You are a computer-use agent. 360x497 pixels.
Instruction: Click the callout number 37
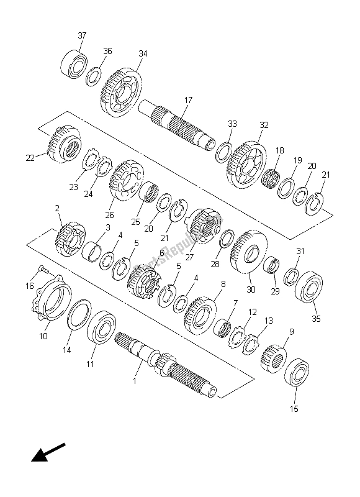coord(82,36)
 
